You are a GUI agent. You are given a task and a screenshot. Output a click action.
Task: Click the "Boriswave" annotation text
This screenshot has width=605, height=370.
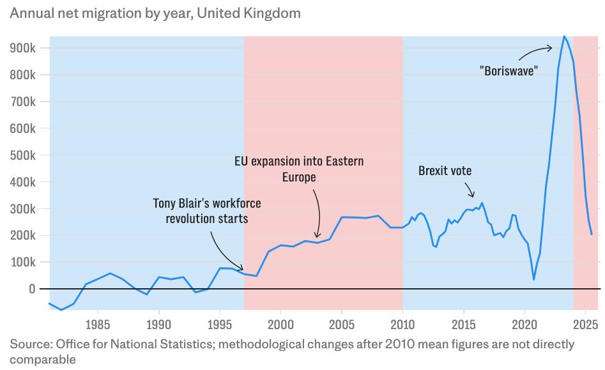[509, 70]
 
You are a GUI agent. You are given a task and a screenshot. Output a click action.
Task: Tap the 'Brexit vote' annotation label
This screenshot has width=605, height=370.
[445, 171]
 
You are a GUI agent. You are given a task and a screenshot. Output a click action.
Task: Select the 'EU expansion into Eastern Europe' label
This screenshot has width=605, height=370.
[299, 168]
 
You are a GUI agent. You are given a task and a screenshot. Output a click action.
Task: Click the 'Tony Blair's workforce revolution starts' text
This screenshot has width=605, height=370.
[207, 210]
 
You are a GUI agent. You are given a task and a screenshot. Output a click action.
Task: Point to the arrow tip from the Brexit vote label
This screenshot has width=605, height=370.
[473, 197]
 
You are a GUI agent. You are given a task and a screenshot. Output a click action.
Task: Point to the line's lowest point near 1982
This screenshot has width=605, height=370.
[61, 310]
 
